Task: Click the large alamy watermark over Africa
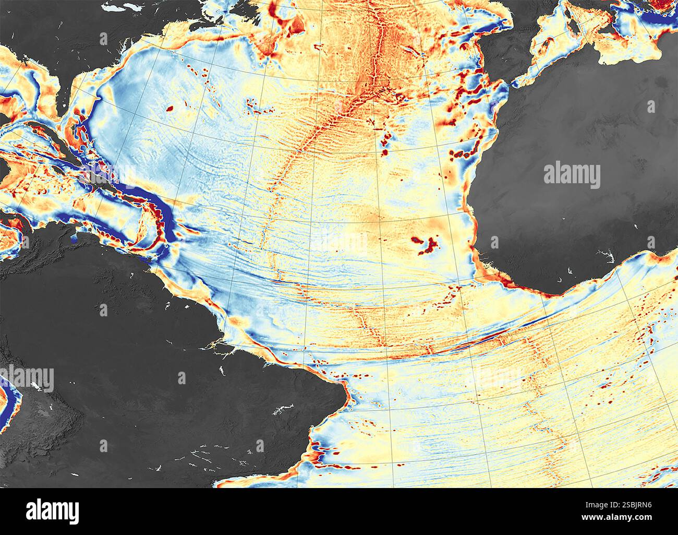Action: (572, 176)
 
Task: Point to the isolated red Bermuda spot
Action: (169, 109)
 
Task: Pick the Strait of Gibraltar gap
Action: (514, 84)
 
